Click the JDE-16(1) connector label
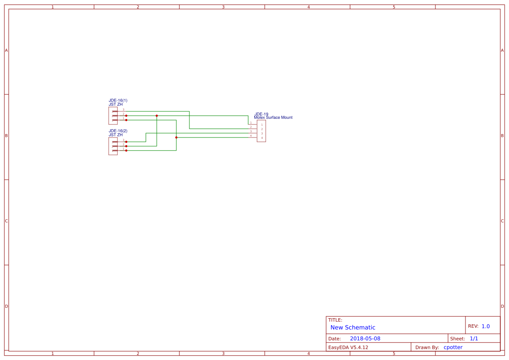pyautogui.click(x=118, y=101)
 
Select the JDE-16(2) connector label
pyautogui.click(x=118, y=131)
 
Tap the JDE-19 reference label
pyautogui.click(x=261, y=114)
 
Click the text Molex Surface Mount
pyautogui.click(x=273, y=118)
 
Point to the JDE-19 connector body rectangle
pyautogui.click(x=261, y=131)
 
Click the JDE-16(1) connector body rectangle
pyautogui.click(x=113, y=116)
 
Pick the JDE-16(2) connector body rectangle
pyautogui.click(x=113, y=146)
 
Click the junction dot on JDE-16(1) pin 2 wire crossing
pyautogui.click(x=157, y=116)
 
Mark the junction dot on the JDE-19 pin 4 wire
pyautogui.click(x=176, y=138)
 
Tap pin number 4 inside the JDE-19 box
pyautogui.click(x=262, y=138)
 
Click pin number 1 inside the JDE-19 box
pyautogui.click(x=262, y=125)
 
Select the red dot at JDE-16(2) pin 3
pyautogui.click(x=126, y=142)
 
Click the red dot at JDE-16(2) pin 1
pyautogui.click(x=126, y=151)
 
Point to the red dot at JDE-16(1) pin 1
pyautogui.click(x=126, y=120)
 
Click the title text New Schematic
pyautogui.click(x=353, y=327)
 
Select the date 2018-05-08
pyautogui.click(x=365, y=339)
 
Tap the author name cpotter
pyautogui.click(x=453, y=347)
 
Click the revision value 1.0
pyautogui.click(x=485, y=326)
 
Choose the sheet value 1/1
pyautogui.click(x=474, y=339)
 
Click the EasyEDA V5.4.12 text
pyautogui.click(x=348, y=347)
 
